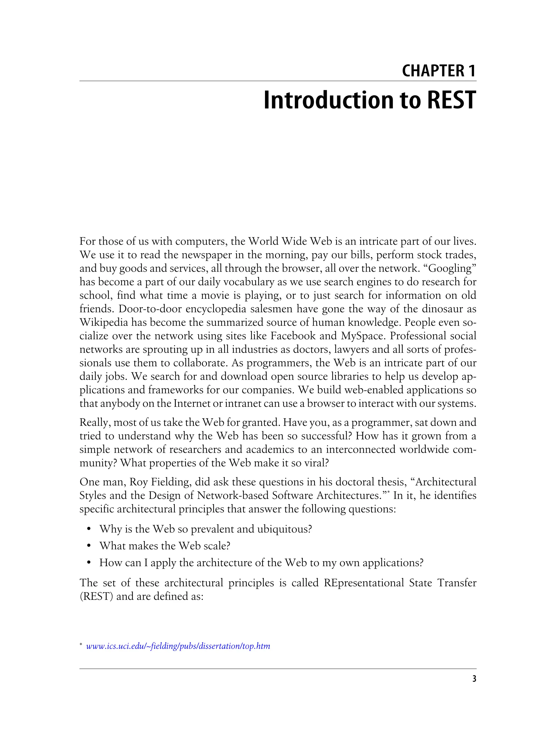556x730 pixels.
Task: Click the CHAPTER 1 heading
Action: pos(439,71)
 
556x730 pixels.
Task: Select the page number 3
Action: pos(474,679)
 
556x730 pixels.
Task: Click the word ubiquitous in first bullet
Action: pos(284,529)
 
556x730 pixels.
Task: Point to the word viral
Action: pos(317,462)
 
